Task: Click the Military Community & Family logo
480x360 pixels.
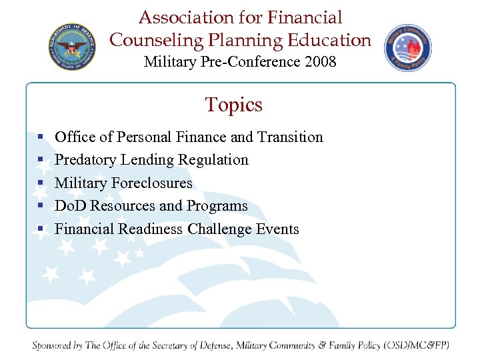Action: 407,48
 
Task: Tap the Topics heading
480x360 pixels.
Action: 234,105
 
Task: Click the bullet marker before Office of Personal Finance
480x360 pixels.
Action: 41,137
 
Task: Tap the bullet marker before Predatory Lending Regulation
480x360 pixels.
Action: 41,160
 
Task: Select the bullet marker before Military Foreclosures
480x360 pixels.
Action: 41,183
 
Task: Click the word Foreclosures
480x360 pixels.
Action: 152,183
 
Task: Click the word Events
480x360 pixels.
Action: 278,229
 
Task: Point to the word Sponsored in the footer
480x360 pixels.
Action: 57,345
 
